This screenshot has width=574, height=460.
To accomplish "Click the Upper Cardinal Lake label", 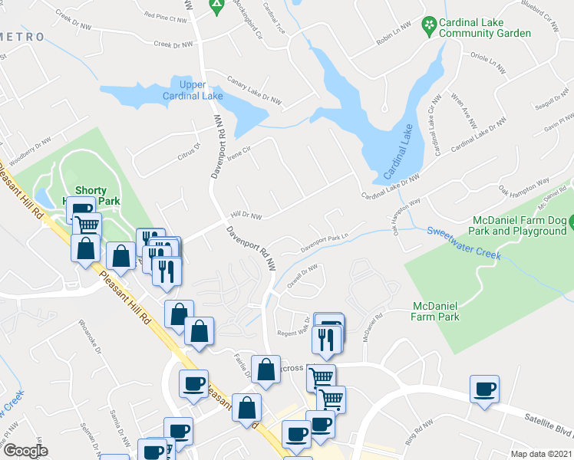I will coord(192,90).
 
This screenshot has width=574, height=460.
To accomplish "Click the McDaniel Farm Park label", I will coord(434,310).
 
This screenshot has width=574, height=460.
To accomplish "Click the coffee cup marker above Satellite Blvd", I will coord(484,389).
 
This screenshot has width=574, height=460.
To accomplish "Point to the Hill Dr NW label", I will coord(248,216).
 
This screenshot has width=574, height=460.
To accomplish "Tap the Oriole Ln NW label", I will coord(489,62).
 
